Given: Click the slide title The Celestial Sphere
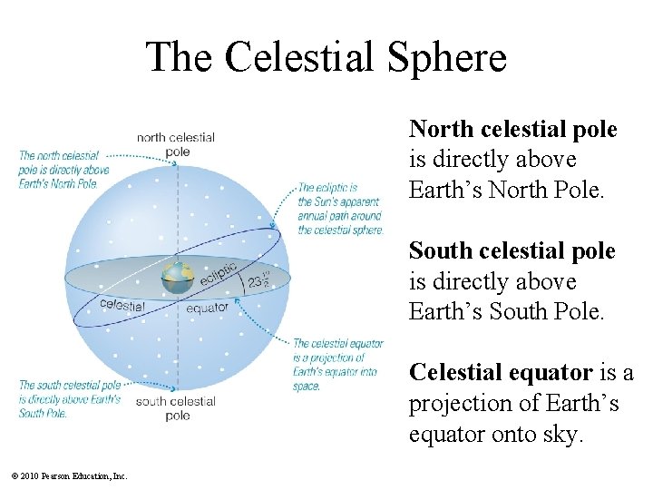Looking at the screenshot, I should point(326,57).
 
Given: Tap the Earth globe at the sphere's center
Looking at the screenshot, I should point(178,277).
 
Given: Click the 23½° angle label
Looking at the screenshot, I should point(258,280).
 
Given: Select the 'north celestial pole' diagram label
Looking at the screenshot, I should point(176,144).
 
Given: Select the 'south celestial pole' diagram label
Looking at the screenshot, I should point(176,407).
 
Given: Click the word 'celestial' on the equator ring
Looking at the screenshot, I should point(122,306).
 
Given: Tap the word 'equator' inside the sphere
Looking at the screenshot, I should point(207,308).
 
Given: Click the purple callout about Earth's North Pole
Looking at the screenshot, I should point(63,170).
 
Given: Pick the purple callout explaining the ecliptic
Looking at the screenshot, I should point(340,210).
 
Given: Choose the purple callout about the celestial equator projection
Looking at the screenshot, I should point(337,365).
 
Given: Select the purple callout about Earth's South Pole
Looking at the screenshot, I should point(69,399).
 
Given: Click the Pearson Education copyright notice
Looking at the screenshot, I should point(69,475).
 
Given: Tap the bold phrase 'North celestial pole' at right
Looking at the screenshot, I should point(512,130).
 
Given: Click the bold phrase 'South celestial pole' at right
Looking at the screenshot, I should point(512,251).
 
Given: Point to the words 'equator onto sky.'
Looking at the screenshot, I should point(494,434).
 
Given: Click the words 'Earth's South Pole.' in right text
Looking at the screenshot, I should point(493,312).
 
